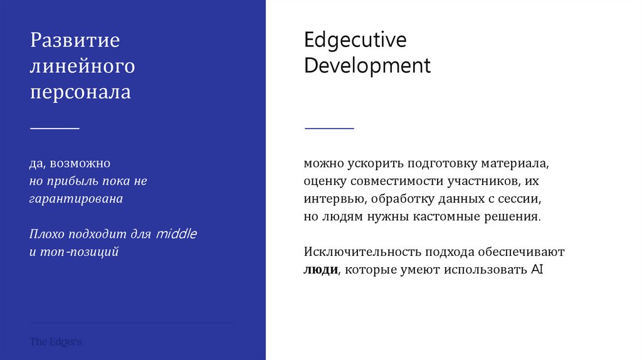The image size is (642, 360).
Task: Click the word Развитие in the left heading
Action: coord(75,41)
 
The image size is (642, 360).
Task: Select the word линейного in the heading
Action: coord(82,66)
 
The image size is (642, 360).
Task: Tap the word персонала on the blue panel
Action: coord(80,92)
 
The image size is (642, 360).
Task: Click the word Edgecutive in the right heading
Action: coord(355,40)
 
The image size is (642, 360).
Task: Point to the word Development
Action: coord(367,65)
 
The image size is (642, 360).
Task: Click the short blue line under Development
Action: coord(329,128)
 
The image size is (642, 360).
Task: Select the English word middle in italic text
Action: coord(176,234)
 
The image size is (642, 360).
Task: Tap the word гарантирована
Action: coord(76,199)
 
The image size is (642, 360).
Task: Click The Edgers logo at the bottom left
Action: coord(55,342)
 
